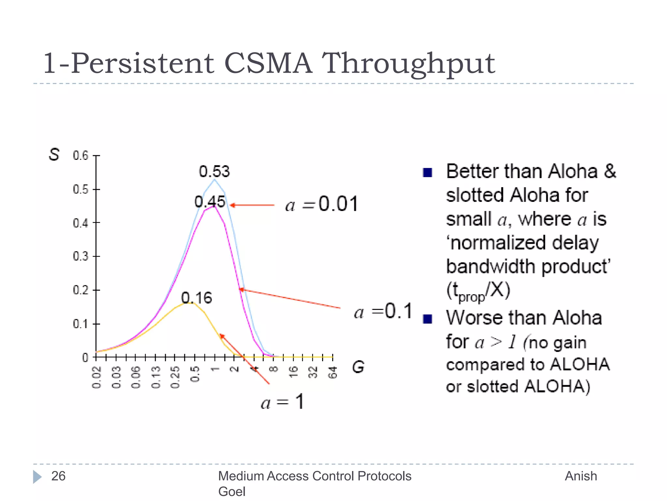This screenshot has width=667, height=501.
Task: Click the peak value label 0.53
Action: click(214, 172)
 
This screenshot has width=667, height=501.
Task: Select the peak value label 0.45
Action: click(210, 202)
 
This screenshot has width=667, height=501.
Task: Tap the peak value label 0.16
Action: click(196, 298)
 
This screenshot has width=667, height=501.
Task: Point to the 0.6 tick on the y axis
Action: click(81, 156)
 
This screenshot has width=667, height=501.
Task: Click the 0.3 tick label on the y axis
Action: click(81, 256)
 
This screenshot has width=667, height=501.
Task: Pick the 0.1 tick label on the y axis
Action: click(81, 324)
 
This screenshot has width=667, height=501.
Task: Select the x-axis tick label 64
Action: click(333, 372)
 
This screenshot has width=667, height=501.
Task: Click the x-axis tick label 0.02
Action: click(97, 377)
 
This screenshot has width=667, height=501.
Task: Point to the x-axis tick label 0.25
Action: click(175, 377)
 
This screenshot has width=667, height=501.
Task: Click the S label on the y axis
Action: click(54, 154)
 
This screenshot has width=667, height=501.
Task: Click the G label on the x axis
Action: click(358, 367)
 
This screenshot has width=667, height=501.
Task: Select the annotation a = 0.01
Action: click(321, 204)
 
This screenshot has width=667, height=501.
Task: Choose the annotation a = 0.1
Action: click(383, 311)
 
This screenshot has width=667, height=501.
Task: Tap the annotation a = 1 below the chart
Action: click(282, 402)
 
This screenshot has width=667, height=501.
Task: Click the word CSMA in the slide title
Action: click(268, 63)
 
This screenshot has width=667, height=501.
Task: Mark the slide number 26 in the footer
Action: click(58, 476)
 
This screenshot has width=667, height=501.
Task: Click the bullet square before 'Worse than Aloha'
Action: click(427, 319)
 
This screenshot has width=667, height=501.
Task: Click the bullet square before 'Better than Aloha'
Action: click(427, 172)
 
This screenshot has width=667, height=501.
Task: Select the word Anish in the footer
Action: click(581, 476)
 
